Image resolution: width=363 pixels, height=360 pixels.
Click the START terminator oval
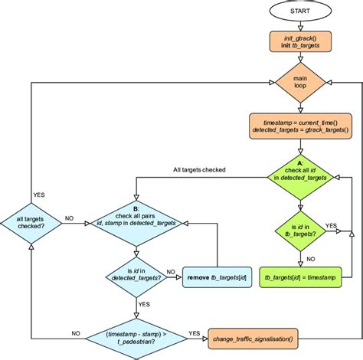(300, 11)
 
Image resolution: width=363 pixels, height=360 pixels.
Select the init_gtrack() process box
(299, 43)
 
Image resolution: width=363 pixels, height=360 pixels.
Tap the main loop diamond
(299, 83)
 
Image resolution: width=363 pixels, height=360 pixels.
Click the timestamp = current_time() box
(299, 126)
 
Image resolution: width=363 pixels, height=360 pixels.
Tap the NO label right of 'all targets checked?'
(70, 218)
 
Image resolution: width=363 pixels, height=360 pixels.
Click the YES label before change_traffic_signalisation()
(195, 333)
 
